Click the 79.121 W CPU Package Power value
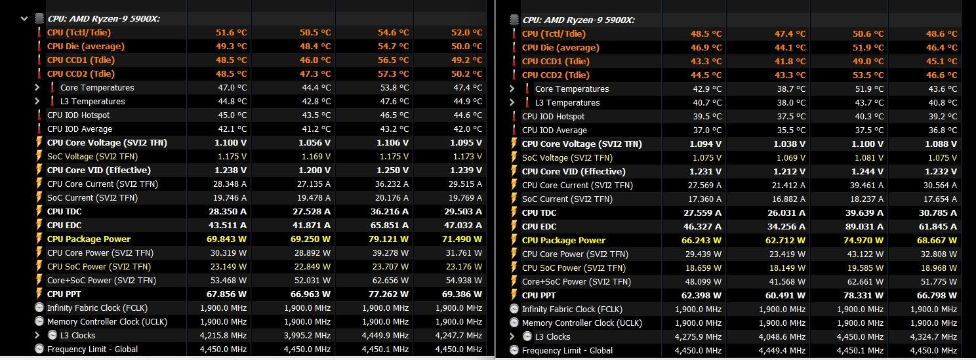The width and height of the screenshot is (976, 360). click(x=386, y=239)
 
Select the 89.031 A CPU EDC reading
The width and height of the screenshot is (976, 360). click(x=861, y=226)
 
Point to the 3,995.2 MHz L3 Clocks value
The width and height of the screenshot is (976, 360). click(x=307, y=335)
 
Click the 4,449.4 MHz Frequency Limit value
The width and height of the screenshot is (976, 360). click(x=783, y=350)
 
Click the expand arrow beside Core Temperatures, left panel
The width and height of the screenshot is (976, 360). click(x=37, y=87)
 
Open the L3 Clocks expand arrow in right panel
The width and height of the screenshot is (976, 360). click(x=512, y=336)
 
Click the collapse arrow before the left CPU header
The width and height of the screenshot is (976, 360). click(x=24, y=18)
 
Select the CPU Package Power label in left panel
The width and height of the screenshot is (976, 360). click(x=89, y=239)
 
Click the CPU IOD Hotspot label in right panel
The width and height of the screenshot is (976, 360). click(x=553, y=116)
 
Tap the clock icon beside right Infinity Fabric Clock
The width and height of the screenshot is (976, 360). click(x=514, y=309)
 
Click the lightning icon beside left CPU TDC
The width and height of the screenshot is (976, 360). click(x=39, y=212)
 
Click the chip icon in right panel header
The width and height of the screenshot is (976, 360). click(x=514, y=20)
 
